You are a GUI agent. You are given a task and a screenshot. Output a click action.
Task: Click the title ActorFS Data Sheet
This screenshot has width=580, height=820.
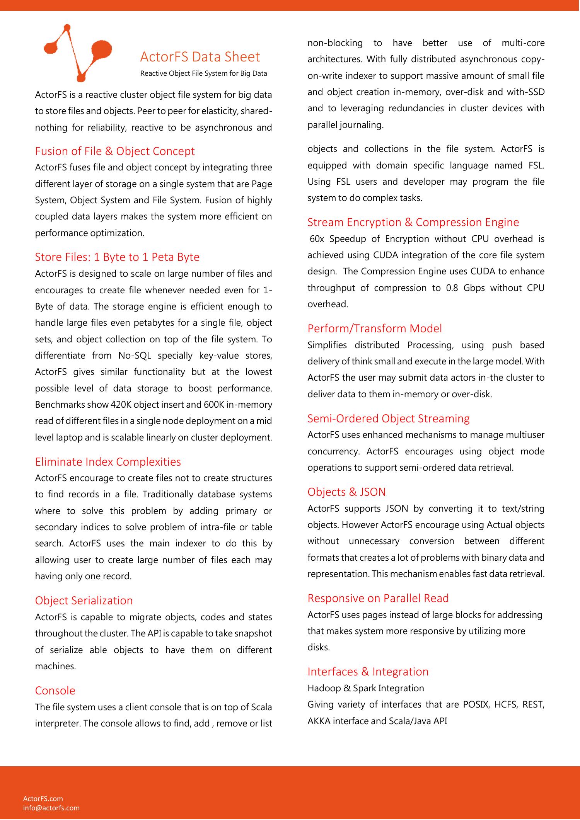click(200, 57)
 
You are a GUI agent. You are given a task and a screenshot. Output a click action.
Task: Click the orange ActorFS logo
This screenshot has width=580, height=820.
click(77, 52)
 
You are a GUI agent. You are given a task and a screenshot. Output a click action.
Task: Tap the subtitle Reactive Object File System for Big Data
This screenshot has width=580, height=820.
click(203, 73)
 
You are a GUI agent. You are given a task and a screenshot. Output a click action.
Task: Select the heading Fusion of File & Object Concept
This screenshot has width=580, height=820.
click(115, 151)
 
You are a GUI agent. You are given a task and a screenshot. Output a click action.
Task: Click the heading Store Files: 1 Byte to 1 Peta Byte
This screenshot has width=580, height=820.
click(117, 257)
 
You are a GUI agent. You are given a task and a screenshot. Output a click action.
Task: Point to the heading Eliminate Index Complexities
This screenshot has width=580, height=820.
click(108, 462)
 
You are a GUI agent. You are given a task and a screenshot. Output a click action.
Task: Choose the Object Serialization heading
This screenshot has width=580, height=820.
click(84, 601)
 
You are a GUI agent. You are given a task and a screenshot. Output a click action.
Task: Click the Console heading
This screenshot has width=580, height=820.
click(55, 691)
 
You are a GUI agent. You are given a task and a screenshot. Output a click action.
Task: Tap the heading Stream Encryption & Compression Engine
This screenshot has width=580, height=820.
click(413, 222)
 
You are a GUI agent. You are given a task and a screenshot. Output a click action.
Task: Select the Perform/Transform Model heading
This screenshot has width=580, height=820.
click(374, 328)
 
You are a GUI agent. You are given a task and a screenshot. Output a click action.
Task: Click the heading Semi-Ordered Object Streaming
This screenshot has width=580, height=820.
click(388, 419)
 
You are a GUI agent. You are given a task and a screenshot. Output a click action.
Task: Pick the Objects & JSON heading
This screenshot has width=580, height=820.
click(346, 492)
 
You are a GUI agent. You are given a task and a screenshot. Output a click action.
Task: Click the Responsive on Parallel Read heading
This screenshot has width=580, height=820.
click(378, 598)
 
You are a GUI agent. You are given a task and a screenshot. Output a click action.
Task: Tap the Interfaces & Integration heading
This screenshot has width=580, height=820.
click(368, 672)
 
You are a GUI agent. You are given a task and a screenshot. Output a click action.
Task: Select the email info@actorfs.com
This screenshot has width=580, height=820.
click(51, 808)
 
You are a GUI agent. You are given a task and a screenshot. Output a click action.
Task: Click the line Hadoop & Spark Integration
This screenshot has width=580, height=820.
click(365, 688)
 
